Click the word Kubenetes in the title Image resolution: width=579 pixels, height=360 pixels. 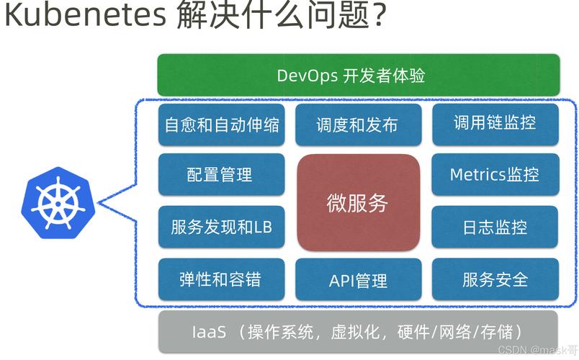pos(84,16)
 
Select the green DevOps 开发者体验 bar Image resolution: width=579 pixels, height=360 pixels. pos(358,75)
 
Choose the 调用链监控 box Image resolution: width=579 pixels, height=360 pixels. pos(495,124)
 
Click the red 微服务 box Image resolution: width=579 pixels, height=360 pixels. pos(358,202)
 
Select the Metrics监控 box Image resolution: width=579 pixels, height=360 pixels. pos(495,174)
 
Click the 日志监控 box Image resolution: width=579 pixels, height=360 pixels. pos(495,227)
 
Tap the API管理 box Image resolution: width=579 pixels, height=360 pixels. pos(358,279)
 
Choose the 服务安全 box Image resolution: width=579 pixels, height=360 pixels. pos(495,279)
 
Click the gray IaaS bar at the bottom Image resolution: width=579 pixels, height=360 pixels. pos(358,332)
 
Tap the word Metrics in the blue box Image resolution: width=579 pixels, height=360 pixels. pos(477,174)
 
